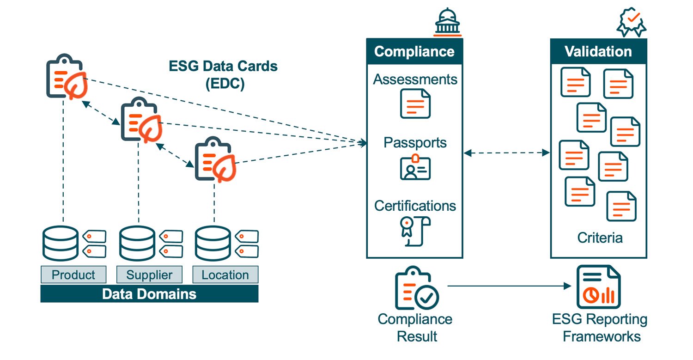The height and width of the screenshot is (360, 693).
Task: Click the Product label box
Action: (73, 275)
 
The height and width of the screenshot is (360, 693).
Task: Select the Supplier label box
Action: (149, 275)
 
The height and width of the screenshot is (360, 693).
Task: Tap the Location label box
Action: (225, 275)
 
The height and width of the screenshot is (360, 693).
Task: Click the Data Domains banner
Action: (149, 294)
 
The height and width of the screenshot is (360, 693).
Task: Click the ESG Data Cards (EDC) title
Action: (224, 75)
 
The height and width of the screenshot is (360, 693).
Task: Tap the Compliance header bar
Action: (414, 51)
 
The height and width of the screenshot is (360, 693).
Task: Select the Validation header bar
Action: (598, 51)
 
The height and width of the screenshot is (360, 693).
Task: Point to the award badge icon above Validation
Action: (632, 22)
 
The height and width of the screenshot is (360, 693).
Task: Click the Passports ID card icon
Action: (415, 167)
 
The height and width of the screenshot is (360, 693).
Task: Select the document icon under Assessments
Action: (415, 104)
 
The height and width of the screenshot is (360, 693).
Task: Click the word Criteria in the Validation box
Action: (600, 238)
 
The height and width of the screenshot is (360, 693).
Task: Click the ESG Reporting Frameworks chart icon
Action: (598, 287)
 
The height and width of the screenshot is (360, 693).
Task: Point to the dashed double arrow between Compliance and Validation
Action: (506, 153)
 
